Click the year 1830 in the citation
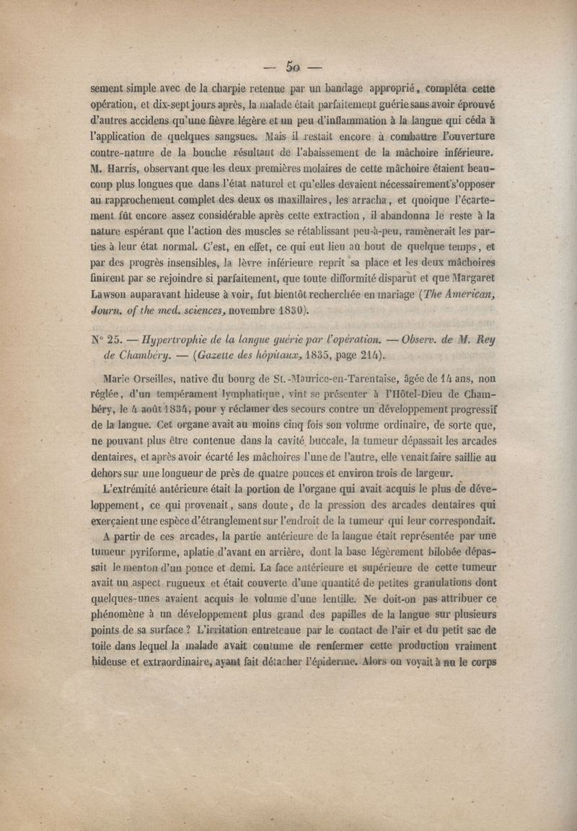point(290,312)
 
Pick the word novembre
point(242,312)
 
